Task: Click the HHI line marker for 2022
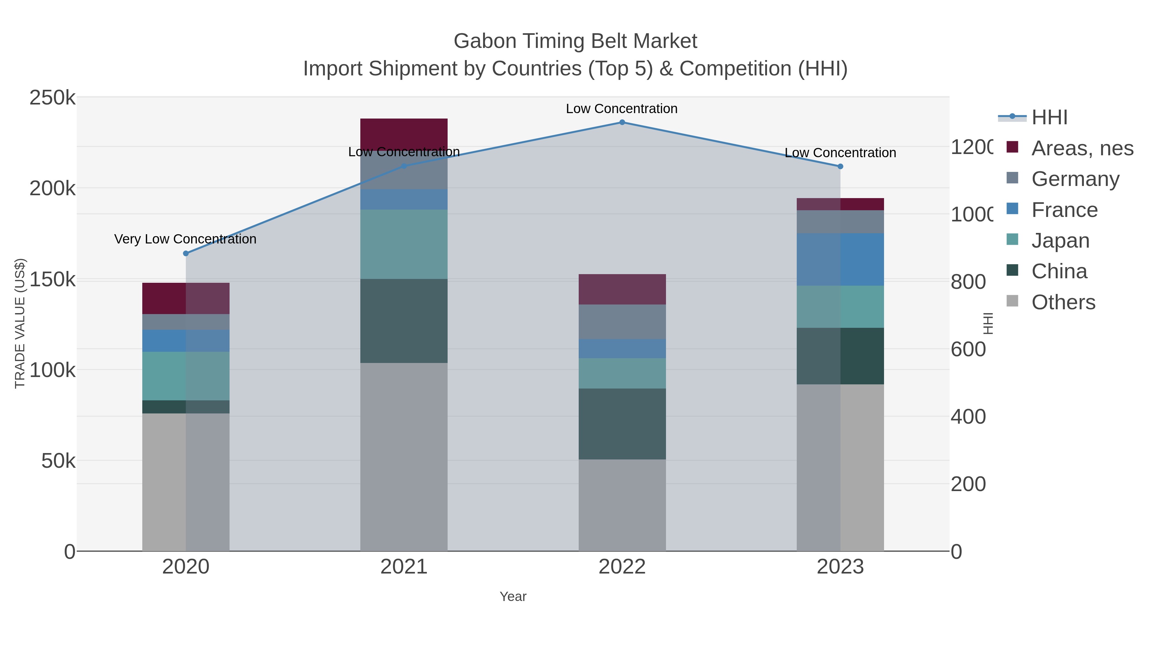622,122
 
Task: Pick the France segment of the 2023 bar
840,259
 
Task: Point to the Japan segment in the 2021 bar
404,244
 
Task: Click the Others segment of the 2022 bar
622,505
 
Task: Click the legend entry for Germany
1075,179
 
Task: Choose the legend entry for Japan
1060,241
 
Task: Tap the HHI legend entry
1049,118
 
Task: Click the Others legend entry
1063,302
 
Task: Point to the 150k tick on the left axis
52,280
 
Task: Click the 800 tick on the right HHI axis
968,282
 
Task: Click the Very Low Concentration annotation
185,239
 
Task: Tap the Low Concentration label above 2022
622,109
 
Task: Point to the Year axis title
513,597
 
